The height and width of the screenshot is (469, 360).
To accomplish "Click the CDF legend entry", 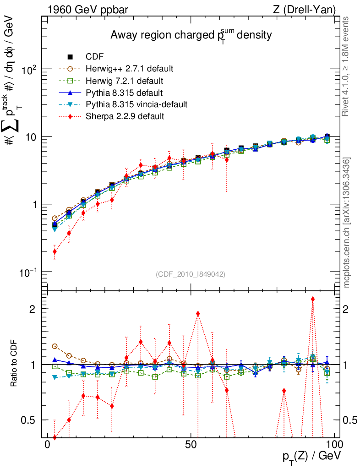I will coord(94,57).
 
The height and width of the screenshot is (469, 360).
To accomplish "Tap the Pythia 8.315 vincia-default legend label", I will coord(136,104).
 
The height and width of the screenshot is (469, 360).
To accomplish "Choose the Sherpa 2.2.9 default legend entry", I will coord(125,116).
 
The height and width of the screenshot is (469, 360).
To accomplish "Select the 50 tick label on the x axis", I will coord(191,445).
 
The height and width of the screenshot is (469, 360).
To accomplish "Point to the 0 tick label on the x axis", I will coord(48,445).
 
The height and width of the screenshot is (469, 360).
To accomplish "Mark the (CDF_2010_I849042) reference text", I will coord(191,274).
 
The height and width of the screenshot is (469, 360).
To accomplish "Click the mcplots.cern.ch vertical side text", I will coord(347,223).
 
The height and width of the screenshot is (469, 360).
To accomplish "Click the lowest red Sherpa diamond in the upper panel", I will coord(55,251).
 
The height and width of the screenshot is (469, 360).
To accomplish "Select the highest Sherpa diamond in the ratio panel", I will coord(313,299).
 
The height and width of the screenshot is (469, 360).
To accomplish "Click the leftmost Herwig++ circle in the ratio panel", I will coord(55,346).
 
